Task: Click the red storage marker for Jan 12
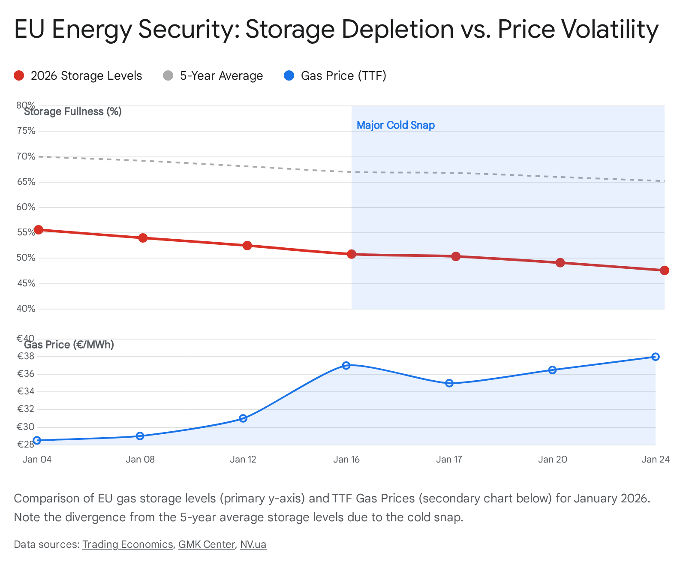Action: click(x=247, y=246)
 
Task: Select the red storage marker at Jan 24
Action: click(x=665, y=270)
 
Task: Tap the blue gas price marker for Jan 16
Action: click(x=346, y=366)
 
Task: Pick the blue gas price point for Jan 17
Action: click(x=449, y=383)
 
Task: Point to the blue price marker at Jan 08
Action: click(x=140, y=436)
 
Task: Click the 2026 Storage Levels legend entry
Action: click(x=78, y=76)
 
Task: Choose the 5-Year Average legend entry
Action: click(x=213, y=76)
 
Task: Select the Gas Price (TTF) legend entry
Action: click(x=335, y=76)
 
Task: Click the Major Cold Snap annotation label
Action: click(x=396, y=125)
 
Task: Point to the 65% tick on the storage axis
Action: click(x=26, y=182)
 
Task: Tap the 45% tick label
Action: click(x=26, y=283)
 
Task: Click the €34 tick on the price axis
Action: click(x=26, y=391)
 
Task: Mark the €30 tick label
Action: click(x=26, y=427)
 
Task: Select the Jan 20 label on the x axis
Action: click(x=553, y=460)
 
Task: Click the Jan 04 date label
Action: click(x=37, y=460)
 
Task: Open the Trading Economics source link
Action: click(x=127, y=544)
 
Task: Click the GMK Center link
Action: click(x=206, y=544)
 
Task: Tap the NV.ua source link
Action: click(x=253, y=544)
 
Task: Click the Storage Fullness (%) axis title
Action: click(x=73, y=112)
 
